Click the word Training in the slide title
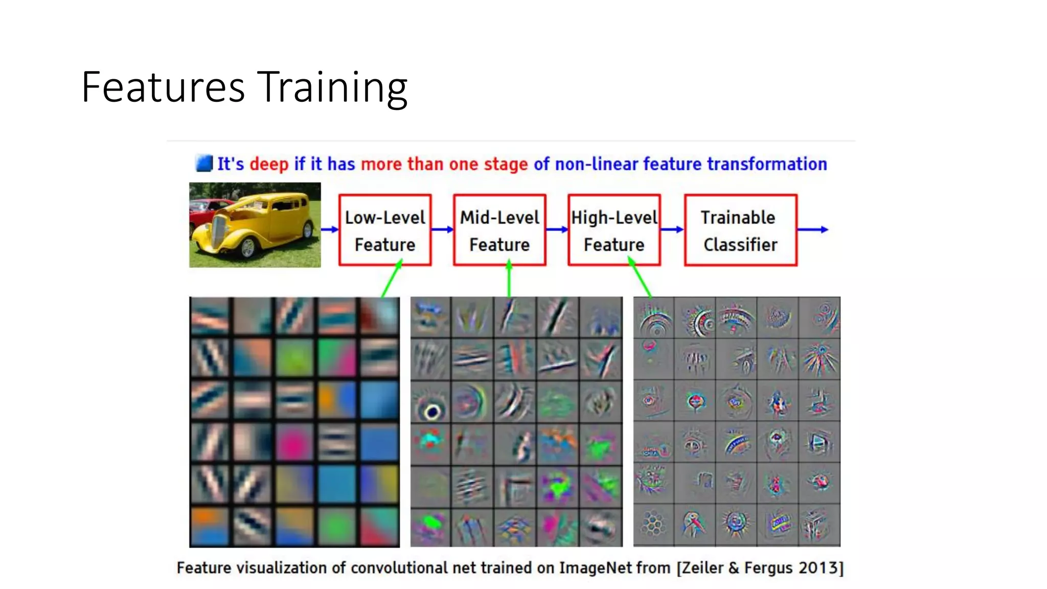tap(332, 88)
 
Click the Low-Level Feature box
tap(385, 230)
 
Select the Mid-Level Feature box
tap(499, 230)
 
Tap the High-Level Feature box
tap(614, 230)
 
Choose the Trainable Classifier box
tap(740, 230)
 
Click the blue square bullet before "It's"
tap(204, 164)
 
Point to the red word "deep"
tap(269, 164)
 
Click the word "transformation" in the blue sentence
tap(767, 164)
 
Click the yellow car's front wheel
tap(248, 248)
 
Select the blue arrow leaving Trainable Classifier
tap(812, 230)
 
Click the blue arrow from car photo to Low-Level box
tap(330, 230)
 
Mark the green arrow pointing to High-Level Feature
tap(640, 279)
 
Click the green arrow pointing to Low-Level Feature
tap(392, 279)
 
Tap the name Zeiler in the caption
tap(702, 568)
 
